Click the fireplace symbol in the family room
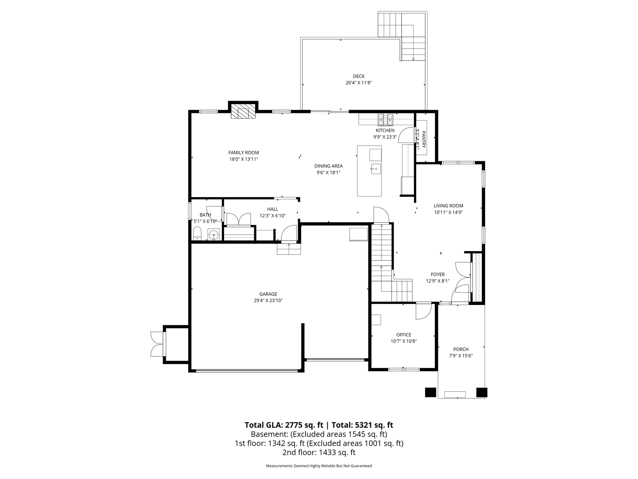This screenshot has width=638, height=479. (243, 111)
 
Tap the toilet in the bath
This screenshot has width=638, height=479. (197, 234)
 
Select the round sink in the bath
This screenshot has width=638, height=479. (214, 235)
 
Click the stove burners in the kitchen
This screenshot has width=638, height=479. (385, 119)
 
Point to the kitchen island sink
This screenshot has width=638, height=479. (375, 169)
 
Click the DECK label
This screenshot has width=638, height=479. (359, 76)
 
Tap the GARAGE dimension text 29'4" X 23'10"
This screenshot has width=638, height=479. (268, 300)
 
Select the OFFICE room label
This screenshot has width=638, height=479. (404, 335)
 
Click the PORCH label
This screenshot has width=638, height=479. (461, 350)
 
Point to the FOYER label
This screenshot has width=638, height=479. (438, 275)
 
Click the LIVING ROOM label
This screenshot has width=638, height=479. (448, 206)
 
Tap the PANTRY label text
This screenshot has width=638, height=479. (424, 139)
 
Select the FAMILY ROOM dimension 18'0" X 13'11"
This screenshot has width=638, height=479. (244, 159)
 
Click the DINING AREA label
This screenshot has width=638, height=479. (328, 166)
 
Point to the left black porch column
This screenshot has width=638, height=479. (431, 392)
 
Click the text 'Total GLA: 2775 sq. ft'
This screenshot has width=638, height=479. (284, 425)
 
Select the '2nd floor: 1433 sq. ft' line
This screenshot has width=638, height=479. (319, 452)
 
